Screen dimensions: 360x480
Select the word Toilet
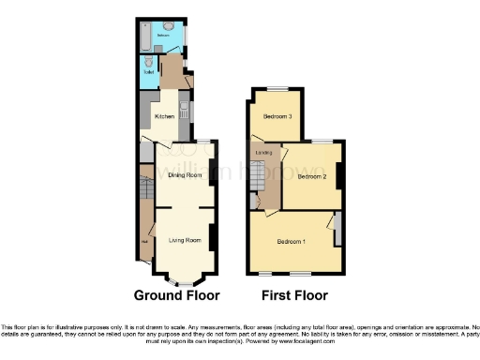pos(148,72)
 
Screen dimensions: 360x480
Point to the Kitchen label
pos(164,117)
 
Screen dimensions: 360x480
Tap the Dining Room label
pos(185,175)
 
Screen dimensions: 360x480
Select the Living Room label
pos(185,241)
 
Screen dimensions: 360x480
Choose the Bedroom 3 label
pos(277,116)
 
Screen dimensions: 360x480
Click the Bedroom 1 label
pos(292,241)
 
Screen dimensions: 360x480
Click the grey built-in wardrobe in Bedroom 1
pos(337,229)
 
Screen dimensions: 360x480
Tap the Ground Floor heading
pos(176,295)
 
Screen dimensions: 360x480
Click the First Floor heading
pos(295,295)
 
